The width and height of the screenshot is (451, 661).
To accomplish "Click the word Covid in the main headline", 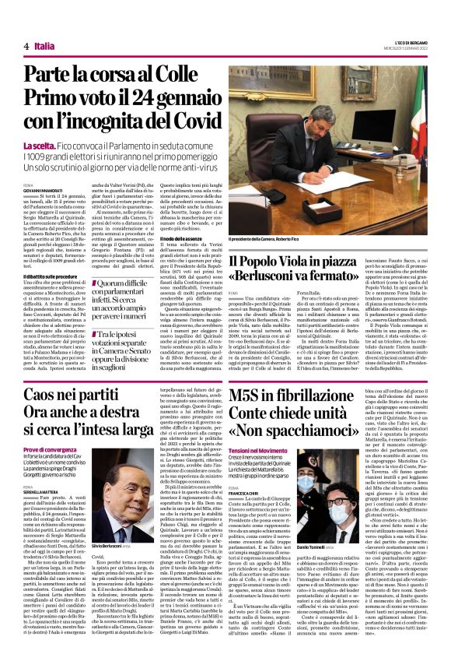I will click(x=178, y=121).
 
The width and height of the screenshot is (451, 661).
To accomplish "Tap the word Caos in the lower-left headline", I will click(x=48, y=396).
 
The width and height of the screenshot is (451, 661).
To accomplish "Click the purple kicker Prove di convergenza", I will click(x=54, y=449).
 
